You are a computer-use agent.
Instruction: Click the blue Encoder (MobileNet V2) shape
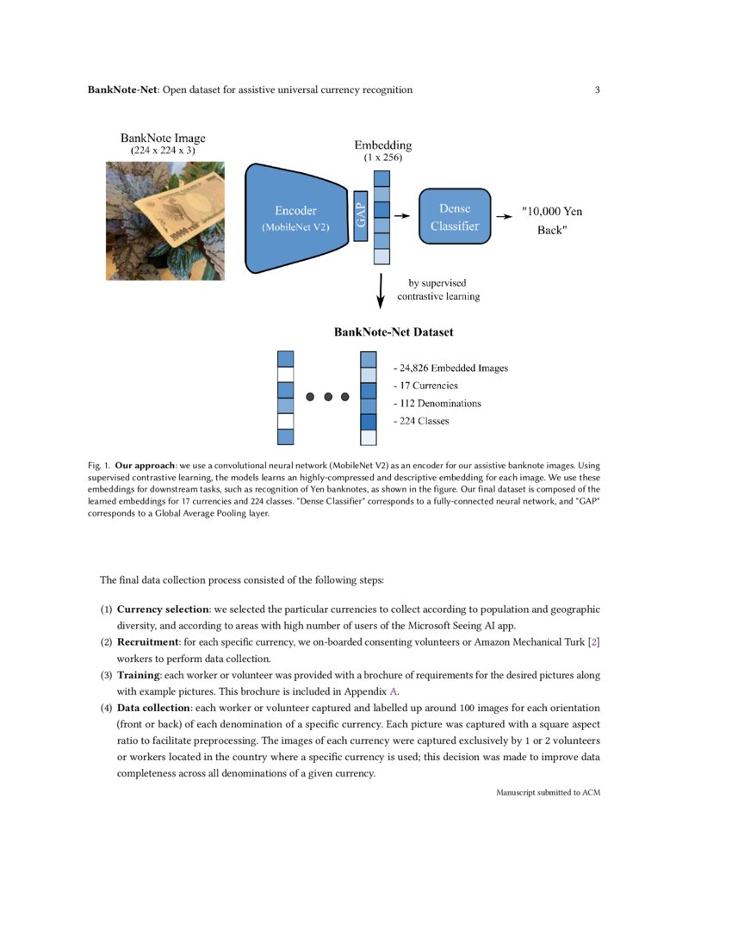(x=295, y=219)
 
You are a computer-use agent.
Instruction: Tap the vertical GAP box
(x=361, y=216)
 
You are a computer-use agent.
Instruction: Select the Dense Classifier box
(x=454, y=217)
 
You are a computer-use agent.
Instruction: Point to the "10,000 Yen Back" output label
(x=557, y=220)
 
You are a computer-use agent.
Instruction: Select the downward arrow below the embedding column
(x=381, y=292)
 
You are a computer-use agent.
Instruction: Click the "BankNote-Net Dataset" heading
(x=394, y=331)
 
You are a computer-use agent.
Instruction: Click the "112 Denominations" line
(x=437, y=403)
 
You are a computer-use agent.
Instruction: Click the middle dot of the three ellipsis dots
(x=328, y=397)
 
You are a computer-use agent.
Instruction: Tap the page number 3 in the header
(x=597, y=90)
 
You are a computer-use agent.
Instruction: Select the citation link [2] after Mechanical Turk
(x=592, y=642)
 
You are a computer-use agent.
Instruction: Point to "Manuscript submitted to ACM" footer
(x=548, y=792)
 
